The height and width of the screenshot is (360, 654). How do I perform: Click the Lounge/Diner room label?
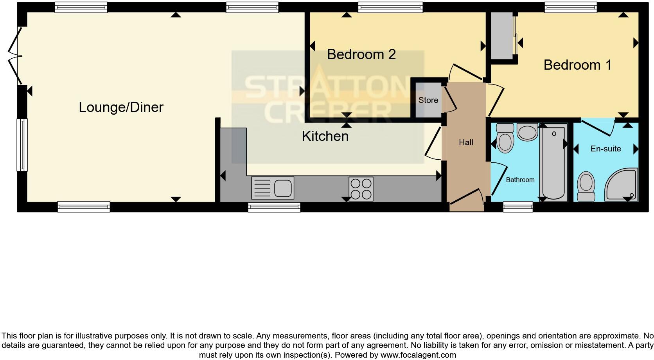(121, 107)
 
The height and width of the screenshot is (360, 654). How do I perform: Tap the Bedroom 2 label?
(361, 54)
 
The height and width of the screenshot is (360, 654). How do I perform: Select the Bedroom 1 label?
(577, 65)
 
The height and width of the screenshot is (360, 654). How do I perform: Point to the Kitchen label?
(325, 136)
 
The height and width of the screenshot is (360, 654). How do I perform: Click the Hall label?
(466, 143)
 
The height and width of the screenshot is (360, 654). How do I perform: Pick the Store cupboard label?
(428, 100)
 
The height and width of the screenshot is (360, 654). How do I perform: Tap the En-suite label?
(605, 149)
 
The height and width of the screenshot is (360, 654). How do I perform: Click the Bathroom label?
(520, 180)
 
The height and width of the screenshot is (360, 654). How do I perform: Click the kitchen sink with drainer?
(273, 188)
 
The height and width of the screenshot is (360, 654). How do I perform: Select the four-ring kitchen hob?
(361, 189)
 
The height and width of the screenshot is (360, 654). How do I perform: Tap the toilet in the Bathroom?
(505, 139)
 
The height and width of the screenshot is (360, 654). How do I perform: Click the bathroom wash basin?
(527, 132)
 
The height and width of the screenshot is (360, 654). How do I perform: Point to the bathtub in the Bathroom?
(553, 162)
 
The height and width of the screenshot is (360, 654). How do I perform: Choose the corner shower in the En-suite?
(622, 185)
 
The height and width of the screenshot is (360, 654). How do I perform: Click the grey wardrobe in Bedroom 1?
(502, 36)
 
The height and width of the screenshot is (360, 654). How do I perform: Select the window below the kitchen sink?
(274, 207)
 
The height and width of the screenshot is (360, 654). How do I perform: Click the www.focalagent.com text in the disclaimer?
(418, 355)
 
